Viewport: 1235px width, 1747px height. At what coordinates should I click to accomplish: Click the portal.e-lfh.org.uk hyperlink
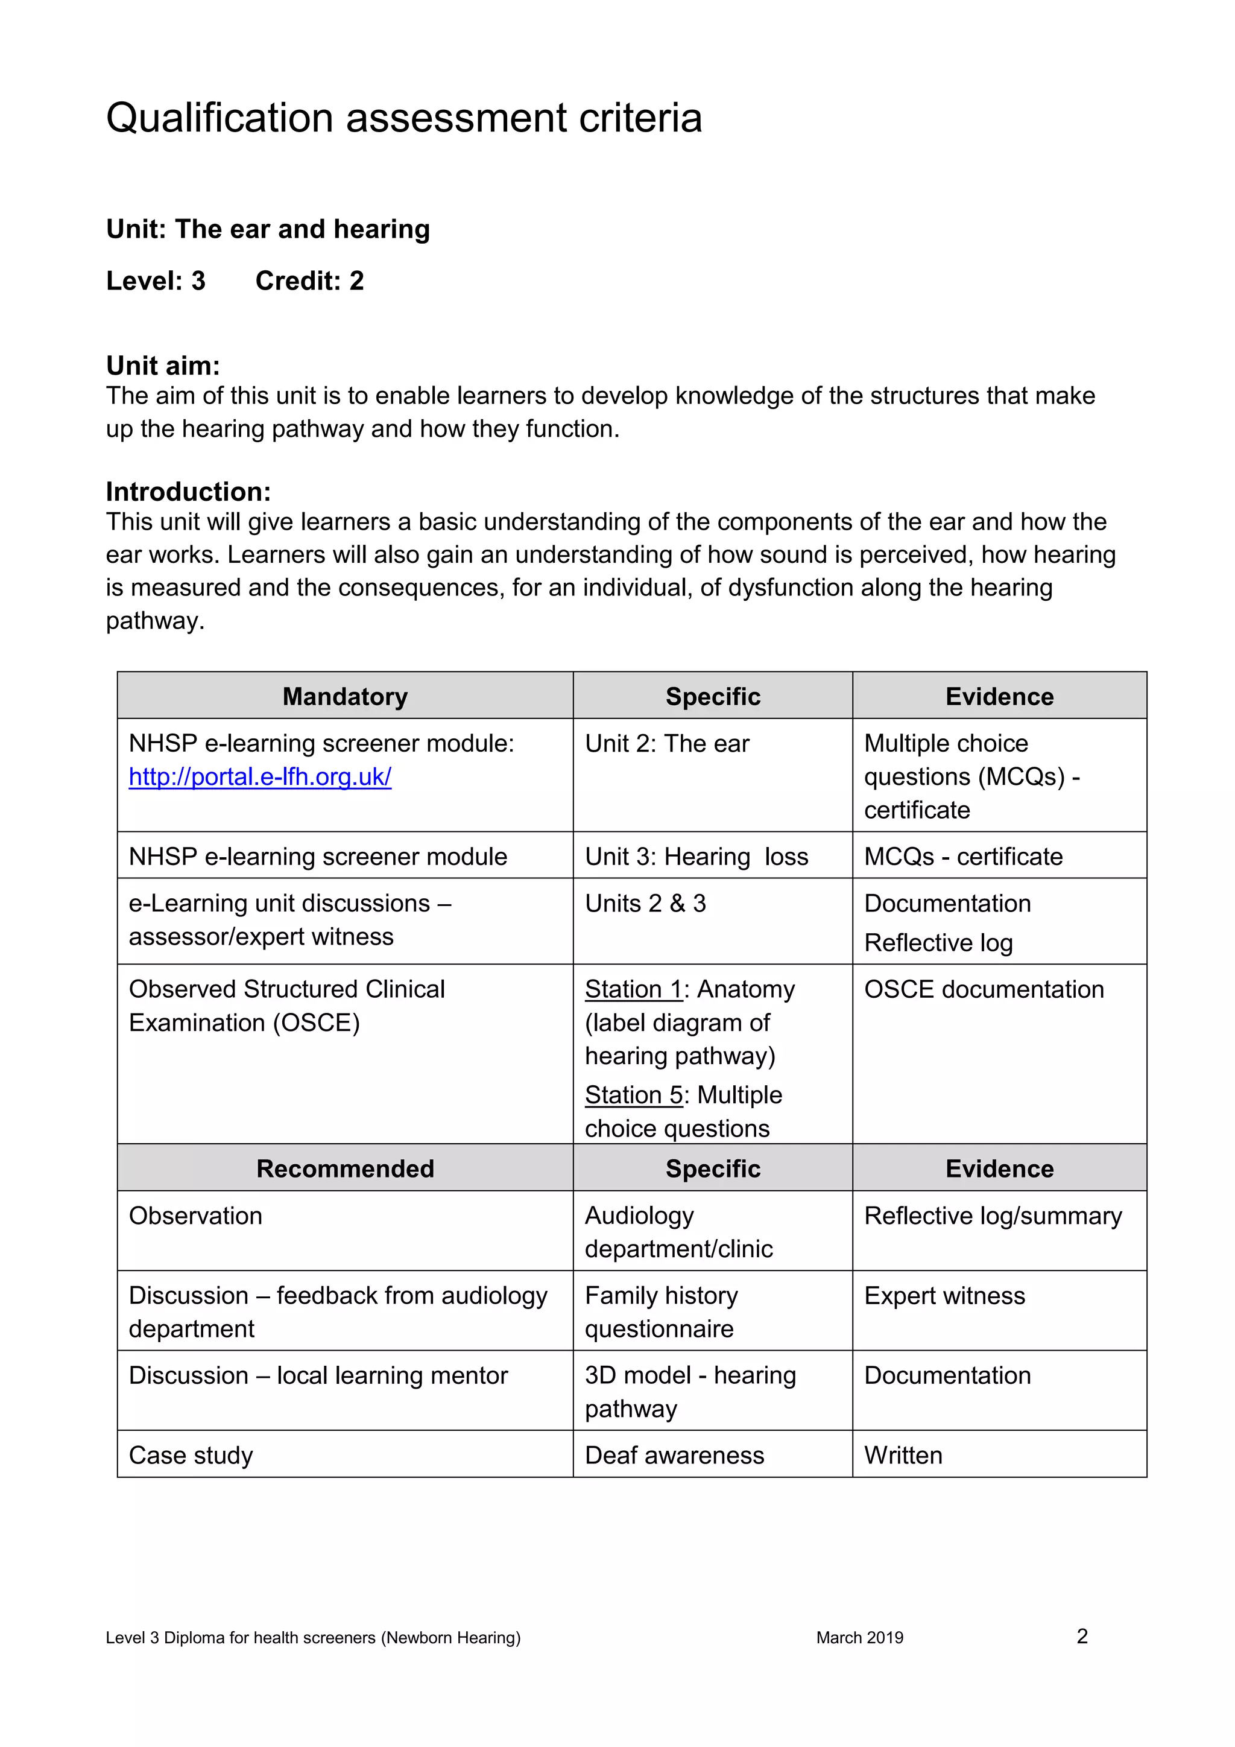259,777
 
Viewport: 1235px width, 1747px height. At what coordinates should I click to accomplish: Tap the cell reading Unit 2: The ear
666,743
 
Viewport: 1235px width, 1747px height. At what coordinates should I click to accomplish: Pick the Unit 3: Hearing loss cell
696,857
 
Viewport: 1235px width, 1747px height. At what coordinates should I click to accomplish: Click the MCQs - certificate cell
963,857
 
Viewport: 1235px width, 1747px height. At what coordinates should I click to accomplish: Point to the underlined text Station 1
633,989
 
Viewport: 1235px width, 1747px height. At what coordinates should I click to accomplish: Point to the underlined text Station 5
633,1095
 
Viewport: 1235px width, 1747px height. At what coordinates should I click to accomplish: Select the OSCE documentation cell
984,989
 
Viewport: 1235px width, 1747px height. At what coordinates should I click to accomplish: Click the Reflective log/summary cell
993,1216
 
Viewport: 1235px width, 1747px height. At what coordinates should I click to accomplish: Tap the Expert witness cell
944,1296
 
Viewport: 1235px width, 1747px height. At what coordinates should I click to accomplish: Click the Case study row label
191,1456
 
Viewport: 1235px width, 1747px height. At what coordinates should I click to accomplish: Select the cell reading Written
903,1456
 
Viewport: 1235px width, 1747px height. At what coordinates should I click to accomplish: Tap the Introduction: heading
188,492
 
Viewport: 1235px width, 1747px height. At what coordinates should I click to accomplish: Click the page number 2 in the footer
1082,1637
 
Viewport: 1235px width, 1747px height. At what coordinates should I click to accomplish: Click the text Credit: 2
309,281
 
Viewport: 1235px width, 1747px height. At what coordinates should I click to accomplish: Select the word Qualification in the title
220,119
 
